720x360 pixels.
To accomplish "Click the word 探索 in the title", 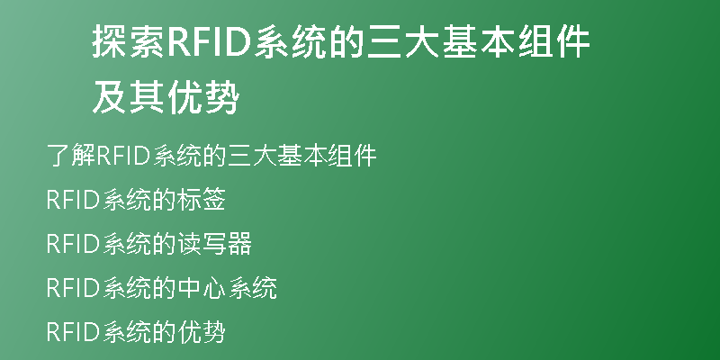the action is click(129, 42).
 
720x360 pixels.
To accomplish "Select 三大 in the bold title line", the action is click(402, 42).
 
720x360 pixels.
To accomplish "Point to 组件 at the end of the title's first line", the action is click(554, 42).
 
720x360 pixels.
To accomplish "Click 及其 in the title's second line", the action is click(129, 98).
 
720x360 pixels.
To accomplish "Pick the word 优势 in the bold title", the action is click(203, 98).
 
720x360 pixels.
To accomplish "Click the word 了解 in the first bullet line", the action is click(71, 156).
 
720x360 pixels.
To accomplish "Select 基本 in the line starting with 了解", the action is click(301, 156).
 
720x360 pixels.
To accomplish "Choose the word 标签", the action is click(201, 200).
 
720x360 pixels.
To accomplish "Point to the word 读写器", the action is click(214, 244).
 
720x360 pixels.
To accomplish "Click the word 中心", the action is click(201, 288).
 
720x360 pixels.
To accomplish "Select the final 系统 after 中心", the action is click(252, 288).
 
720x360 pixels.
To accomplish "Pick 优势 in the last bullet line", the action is click(201, 332).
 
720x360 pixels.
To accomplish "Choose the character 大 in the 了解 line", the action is click(263, 156).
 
